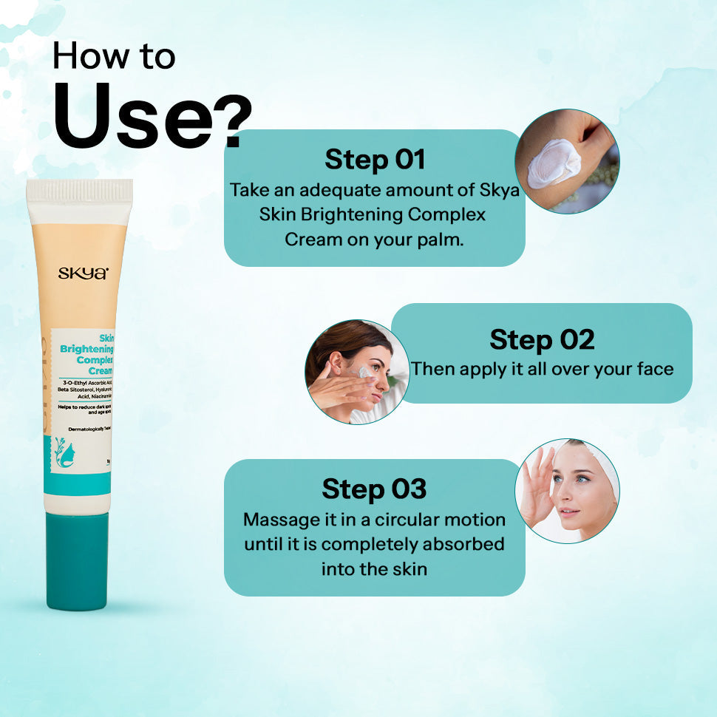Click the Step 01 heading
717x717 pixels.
(375, 159)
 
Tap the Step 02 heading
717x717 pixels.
(542, 339)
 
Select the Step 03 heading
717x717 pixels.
(374, 489)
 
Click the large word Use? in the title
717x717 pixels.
(152, 118)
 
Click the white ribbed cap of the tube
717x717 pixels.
(79, 191)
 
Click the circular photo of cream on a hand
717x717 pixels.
(567, 161)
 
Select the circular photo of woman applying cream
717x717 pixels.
(356, 372)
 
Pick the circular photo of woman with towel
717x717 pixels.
(567, 491)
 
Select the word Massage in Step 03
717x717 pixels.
(279, 520)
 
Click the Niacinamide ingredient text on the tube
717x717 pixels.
(96, 396)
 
